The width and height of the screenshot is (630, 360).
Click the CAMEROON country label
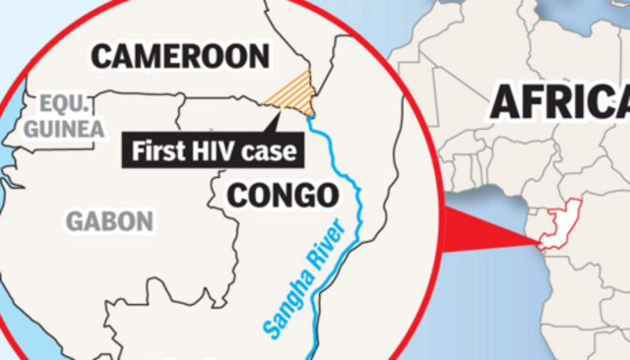[180, 56]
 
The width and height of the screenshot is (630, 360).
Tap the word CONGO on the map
[277, 195]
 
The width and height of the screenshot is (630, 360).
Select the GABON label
[110, 221]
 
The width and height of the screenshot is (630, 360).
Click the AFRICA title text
[560, 101]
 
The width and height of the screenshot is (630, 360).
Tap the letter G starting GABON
[75, 221]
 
